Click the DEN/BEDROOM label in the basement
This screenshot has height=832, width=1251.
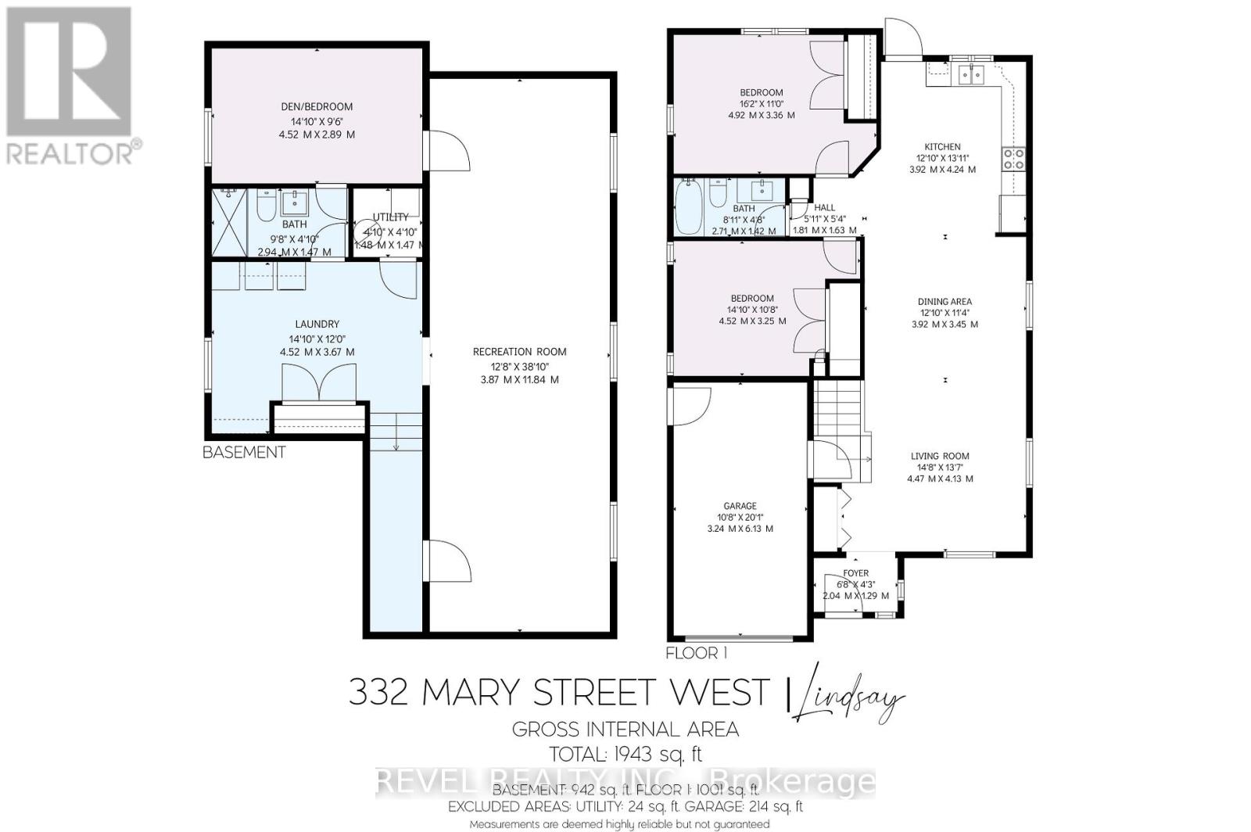pos(317,107)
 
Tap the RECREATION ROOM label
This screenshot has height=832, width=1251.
pos(519,352)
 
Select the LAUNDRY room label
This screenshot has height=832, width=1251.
pos(317,325)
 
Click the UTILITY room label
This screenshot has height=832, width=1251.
pos(390,217)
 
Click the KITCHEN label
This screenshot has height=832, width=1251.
pos(942,147)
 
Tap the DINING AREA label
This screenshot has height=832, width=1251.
pos(945,302)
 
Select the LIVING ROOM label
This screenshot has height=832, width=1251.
pos(940,457)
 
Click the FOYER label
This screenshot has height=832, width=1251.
pos(855,573)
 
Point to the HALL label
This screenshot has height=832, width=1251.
pos(825,208)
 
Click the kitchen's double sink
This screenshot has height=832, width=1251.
pos(971,75)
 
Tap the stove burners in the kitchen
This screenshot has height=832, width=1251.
pos(1013,159)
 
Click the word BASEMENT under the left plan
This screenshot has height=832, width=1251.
pos(244,452)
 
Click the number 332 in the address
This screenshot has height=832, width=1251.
pos(378,692)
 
